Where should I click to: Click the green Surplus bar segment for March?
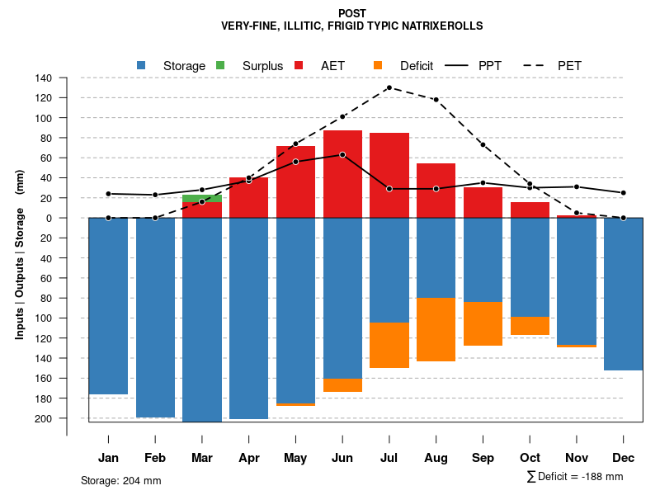202,198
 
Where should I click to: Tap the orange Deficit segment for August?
436,329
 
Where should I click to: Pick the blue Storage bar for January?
108,305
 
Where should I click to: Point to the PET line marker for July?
389,87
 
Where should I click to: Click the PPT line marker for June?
342,154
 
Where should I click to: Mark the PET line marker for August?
436,100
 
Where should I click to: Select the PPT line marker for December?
624,193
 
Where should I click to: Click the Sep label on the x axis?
483,458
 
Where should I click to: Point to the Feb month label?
155,458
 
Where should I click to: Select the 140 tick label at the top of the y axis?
44,78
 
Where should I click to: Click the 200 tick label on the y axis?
44,418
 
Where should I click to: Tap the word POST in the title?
352,13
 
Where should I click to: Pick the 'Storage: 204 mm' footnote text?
120,480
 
